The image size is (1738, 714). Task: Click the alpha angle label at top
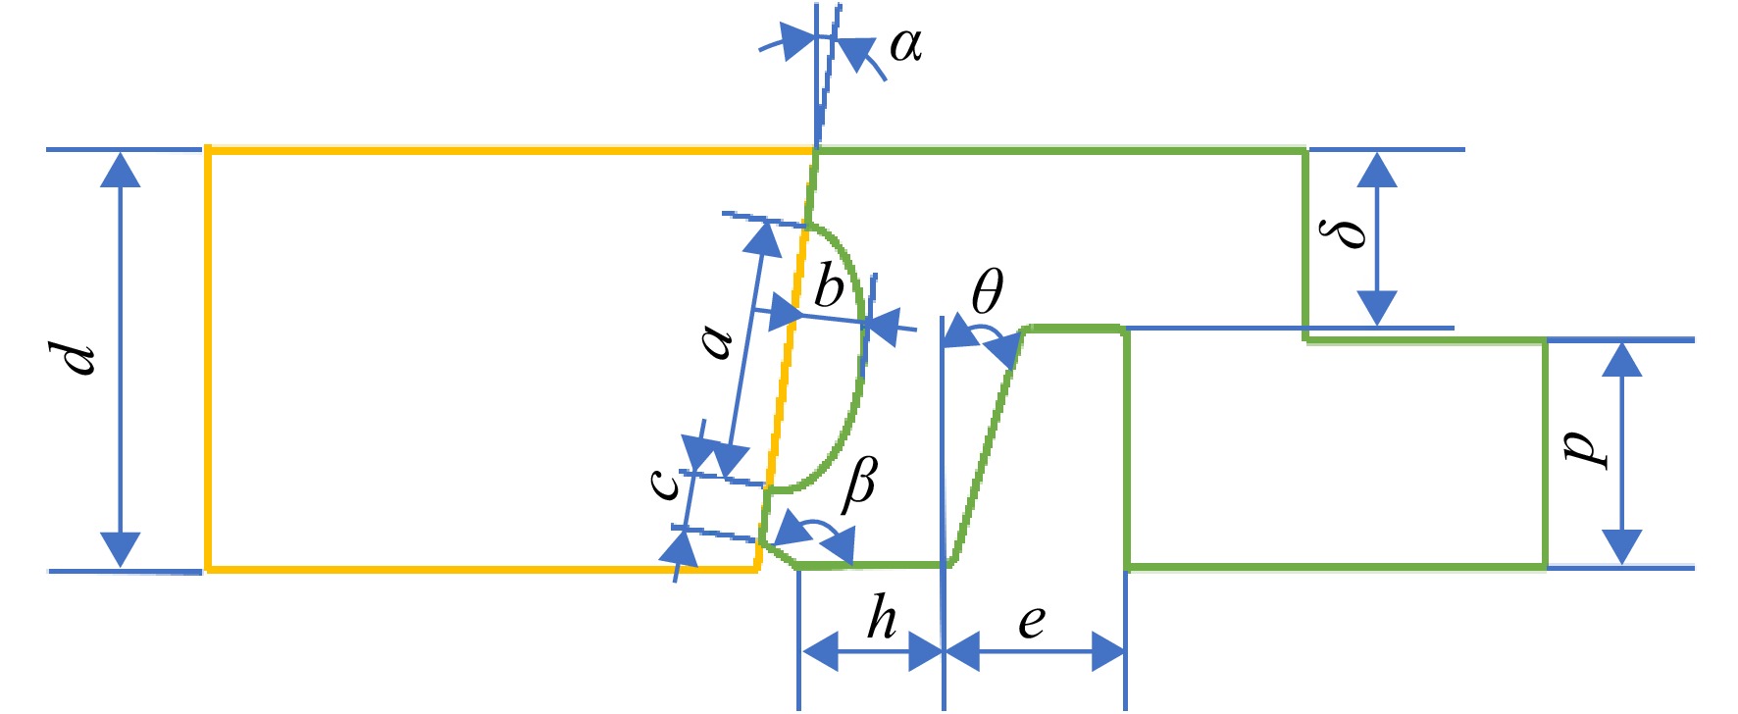(905, 45)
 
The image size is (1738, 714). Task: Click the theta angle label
(988, 291)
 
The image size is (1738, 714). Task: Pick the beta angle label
(860, 484)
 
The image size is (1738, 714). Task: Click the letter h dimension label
(881, 618)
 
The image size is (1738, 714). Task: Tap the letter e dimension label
(1032, 622)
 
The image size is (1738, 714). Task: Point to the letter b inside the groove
(829, 286)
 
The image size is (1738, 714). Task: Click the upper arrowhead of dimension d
(121, 169)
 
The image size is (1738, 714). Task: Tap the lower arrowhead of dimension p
(1621, 547)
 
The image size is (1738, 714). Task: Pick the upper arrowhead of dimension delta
(1377, 170)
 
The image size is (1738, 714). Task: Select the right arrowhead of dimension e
(1107, 651)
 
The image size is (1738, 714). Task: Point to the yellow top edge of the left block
(510, 151)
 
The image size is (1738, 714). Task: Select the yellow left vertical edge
(208, 359)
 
